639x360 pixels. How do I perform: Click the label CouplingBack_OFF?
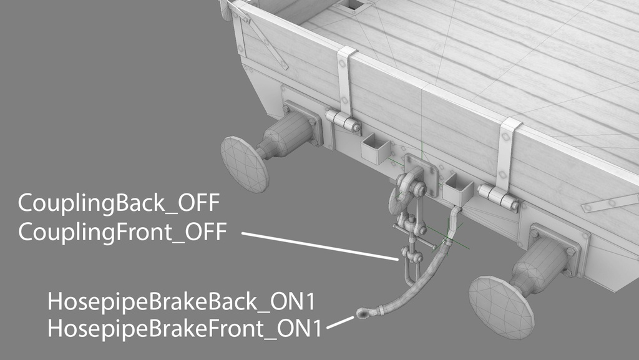click(x=119, y=203)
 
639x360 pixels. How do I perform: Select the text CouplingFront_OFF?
click(x=122, y=232)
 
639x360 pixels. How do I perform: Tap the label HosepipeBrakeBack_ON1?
click(x=182, y=302)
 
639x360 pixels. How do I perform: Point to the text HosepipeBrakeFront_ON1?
click(x=185, y=328)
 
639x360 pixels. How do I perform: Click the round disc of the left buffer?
click(x=245, y=164)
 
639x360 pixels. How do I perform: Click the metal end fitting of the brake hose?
click(x=363, y=313)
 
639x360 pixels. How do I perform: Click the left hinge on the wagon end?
click(x=343, y=121)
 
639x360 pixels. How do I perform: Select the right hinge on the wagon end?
click(x=498, y=197)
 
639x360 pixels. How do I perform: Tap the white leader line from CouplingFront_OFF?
click(x=320, y=246)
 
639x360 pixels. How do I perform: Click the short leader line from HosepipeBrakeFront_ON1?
click(x=340, y=322)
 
